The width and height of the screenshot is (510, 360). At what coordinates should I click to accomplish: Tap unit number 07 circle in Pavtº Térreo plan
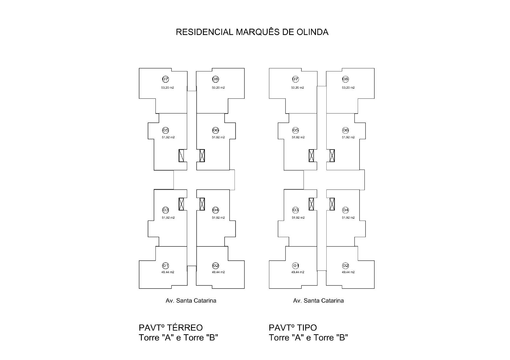point(165,79)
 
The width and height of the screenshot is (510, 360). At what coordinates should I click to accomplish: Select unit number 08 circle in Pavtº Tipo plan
point(345,79)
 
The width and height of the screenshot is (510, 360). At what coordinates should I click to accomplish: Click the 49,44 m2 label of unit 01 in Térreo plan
point(168,272)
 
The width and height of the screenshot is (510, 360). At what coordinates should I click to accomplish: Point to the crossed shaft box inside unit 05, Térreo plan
point(181,156)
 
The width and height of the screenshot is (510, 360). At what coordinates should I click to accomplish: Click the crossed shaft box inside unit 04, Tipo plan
point(332,204)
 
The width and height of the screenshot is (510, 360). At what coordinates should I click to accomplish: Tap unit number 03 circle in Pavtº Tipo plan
point(296,210)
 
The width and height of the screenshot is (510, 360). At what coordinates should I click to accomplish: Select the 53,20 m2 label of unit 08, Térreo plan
point(218,88)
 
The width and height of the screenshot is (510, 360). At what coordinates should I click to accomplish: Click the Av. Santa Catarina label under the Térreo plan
point(191,301)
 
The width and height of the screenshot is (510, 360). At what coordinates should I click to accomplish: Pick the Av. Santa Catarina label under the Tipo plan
point(318,301)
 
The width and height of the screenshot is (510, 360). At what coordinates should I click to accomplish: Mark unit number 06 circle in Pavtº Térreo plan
point(215,130)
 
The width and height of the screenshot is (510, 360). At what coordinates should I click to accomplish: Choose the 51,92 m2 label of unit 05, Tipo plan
point(298,137)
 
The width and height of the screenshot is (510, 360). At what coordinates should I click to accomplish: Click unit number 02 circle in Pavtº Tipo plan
point(346,266)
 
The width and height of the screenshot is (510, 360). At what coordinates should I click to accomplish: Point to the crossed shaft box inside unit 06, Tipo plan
point(332,156)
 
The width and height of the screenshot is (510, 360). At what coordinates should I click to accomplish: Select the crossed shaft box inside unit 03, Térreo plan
point(181,204)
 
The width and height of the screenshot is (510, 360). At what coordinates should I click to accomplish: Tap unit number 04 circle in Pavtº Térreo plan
point(215,210)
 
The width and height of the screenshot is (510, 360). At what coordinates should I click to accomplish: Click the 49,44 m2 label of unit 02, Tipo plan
point(348,272)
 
